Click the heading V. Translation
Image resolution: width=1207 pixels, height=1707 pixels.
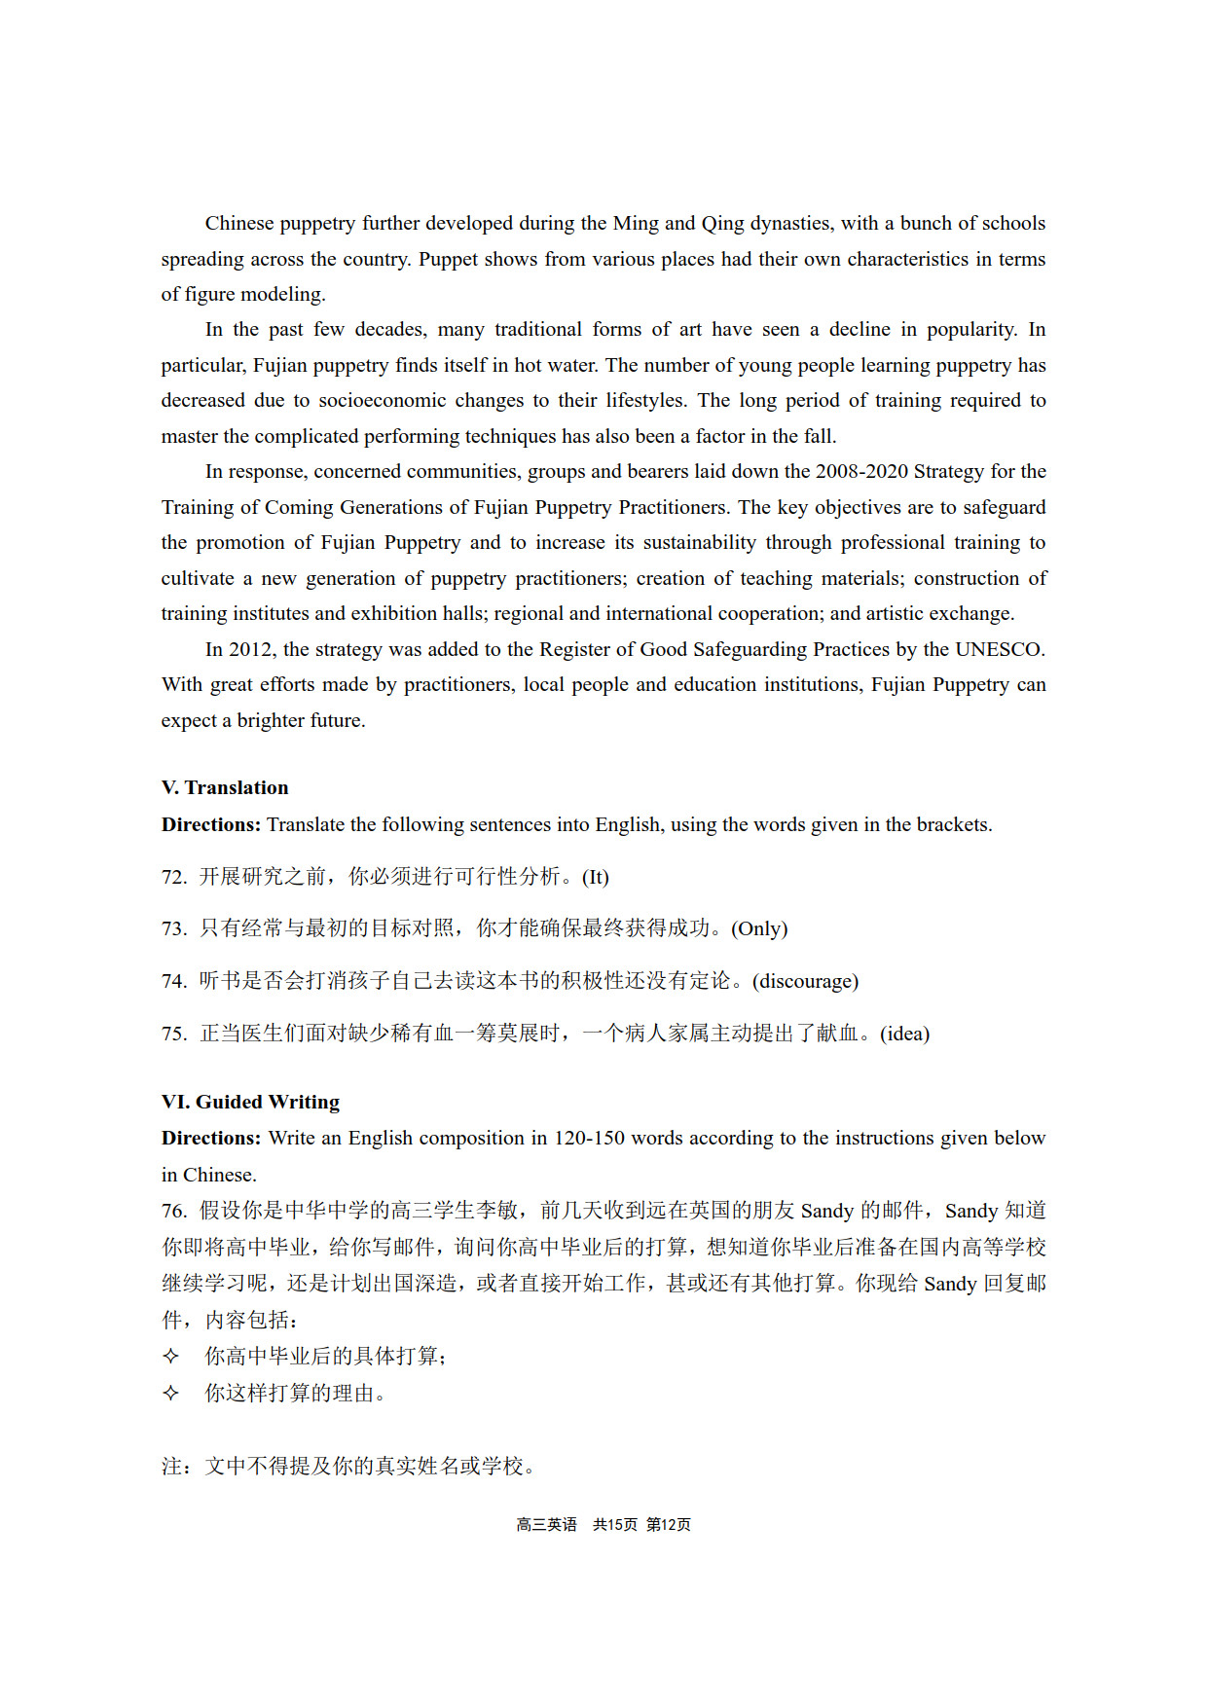coord(225,787)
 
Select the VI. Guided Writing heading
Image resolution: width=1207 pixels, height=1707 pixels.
coord(250,1102)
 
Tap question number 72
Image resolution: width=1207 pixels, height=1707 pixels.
coord(173,877)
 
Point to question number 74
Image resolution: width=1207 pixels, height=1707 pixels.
coord(173,981)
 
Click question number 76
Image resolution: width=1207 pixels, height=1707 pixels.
coord(173,1211)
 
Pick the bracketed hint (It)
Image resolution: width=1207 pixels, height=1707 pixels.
coord(595,877)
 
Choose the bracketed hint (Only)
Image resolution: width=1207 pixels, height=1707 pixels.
coord(759,928)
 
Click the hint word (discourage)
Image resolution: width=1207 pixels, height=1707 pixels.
coord(805,981)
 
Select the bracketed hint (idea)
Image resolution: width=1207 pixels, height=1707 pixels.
coord(904,1034)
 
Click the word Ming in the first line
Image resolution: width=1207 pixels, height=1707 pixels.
coord(636,223)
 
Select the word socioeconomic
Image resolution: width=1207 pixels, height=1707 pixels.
coord(383,400)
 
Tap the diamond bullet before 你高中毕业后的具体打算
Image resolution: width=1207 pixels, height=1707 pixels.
coord(170,1356)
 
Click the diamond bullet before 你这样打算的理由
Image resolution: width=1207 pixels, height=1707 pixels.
coord(170,1393)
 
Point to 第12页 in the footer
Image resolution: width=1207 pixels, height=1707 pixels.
coord(668,1524)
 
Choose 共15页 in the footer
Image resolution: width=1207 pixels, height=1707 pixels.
coord(614,1524)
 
